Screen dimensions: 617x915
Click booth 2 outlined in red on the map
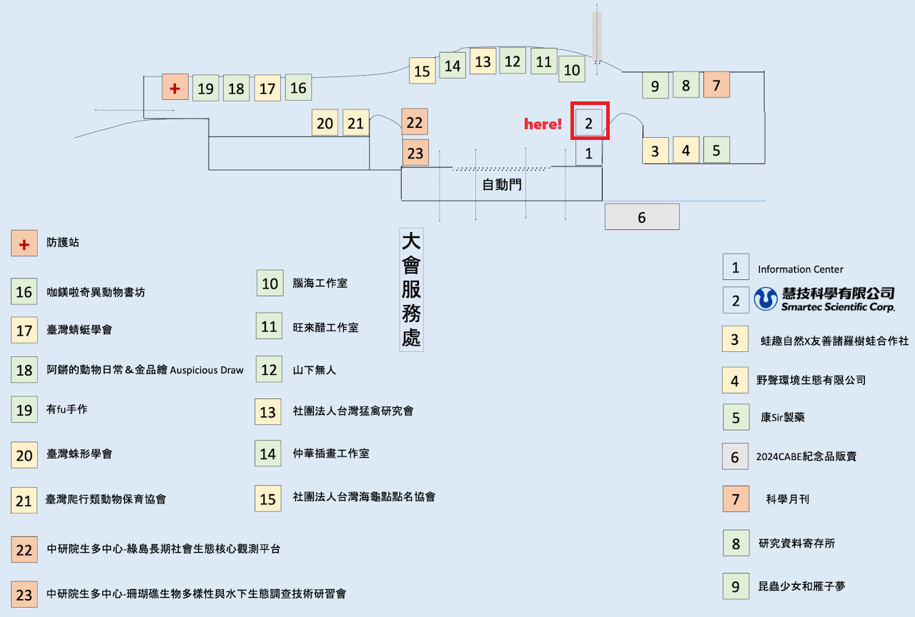click(x=589, y=121)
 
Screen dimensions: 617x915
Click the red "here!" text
click(x=543, y=124)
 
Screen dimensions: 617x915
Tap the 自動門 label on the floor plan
click(x=502, y=185)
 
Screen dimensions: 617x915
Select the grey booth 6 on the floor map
click(x=642, y=217)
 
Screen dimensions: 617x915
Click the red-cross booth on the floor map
click(x=174, y=87)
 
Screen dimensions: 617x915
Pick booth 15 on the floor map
click(x=422, y=71)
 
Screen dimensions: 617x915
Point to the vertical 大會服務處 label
click(x=411, y=290)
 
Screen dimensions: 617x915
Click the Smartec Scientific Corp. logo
click(x=824, y=299)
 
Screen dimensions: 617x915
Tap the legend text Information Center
click(x=801, y=269)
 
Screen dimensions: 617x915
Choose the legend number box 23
click(x=24, y=594)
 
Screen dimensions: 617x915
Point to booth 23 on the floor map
click(x=415, y=152)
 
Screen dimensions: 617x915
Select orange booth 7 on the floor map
click(x=716, y=85)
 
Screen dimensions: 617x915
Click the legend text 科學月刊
click(x=788, y=500)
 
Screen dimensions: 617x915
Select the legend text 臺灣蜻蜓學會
click(x=79, y=330)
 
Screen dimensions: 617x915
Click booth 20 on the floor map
click(x=325, y=123)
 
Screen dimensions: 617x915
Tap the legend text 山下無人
click(x=315, y=370)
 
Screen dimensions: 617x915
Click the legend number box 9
click(x=736, y=586)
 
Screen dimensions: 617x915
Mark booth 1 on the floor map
click(x=589, y=153)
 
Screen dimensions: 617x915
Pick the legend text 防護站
click(x=63, y=243)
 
